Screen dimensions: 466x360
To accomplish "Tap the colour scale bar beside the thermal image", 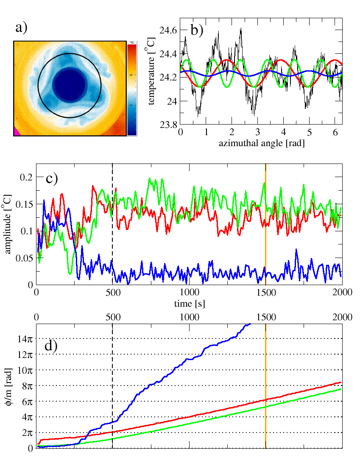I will [132, 88].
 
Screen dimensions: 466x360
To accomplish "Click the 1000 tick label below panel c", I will [189, 293].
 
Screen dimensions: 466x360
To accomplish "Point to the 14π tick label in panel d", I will [25, 338].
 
